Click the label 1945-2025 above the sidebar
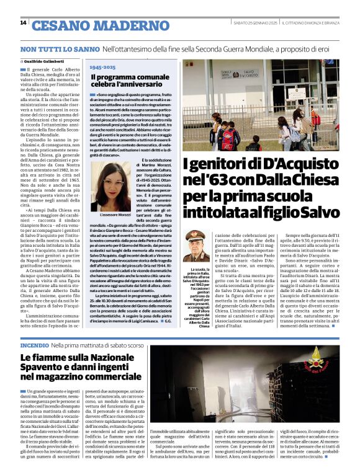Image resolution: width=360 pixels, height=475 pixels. click(102, 67)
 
